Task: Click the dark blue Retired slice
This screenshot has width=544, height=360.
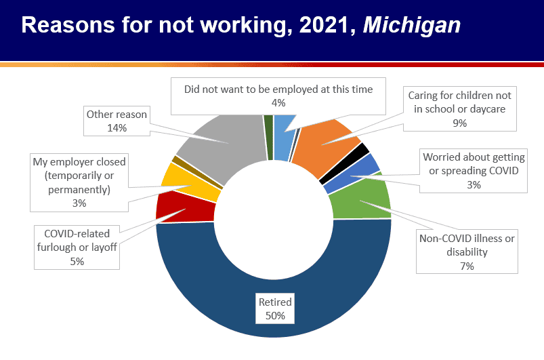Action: point(274,285)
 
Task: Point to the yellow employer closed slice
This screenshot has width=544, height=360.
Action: point(192,181)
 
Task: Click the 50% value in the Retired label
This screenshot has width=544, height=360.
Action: point(274,316)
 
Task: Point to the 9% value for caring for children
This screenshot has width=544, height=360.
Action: point(460,123)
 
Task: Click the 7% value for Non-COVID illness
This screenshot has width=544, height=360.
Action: point(467,266)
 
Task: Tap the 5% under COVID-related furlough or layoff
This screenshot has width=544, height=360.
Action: point(77,260)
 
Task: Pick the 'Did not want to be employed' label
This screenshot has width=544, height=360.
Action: point(278,89)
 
